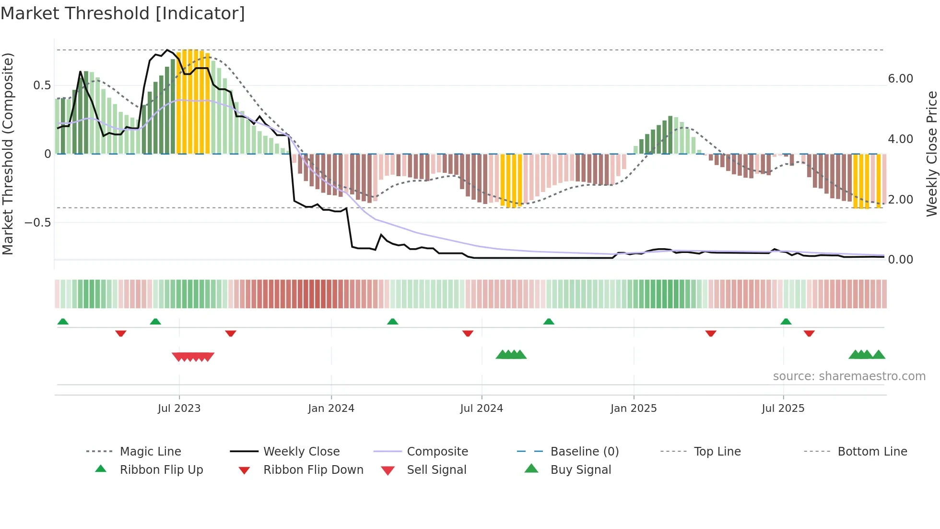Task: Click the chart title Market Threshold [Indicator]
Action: pyautogui.click(x=123, y=13)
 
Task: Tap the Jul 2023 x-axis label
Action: pyautogui.click(x=179, y=409)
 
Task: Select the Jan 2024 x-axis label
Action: pyautogui.click(x=331, y=409)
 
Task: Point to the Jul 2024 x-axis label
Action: pyautogui.click(x=482, y=409)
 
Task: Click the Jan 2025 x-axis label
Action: pyautogui.click(x=634, y=409)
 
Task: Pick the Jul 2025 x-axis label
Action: pyautogui.click(x=783, y=409)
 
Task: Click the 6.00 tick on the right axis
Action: pyautogui.click(x=900, y=79)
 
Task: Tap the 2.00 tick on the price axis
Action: pyautogui.click(x=900, y=200)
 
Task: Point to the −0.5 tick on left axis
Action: pyautogui.click(x=38, y=223)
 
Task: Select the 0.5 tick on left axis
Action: pyautogui.click(x=42, y=85)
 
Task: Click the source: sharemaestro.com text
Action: pyautogui.click(x=849, y=376)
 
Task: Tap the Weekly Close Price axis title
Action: pyautogui.click(x=931, y=154)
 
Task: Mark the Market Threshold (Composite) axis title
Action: pyautogui.click(x=8, y=154)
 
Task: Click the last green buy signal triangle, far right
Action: pyautogui.click(x=879, y=355)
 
